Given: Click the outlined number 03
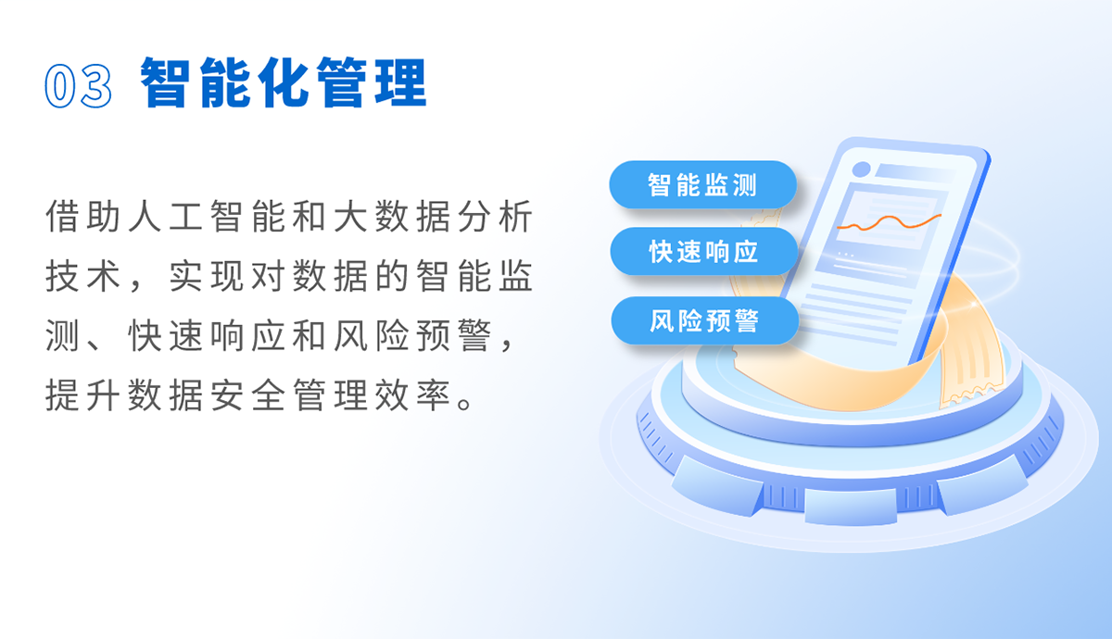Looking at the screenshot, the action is click(x=78, y=86).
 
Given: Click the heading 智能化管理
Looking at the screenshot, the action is click(x=284, y=82).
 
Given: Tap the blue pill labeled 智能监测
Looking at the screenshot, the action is click(x=703, y=184).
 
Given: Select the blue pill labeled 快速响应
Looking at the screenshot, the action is click(x=704, y=252).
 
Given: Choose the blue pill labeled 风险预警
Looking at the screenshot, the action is click(x=705, y=320).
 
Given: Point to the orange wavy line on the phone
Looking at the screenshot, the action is click(x=889, y=223).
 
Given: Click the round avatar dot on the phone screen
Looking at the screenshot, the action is click(x=861, y=169).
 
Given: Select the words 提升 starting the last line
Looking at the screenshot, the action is click(x=82, y=395).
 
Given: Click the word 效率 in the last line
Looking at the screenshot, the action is click(x=412, y=395).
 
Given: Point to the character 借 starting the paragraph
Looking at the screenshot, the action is click(x=62, y=217).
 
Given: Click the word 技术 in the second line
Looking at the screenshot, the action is click(x=82, y=276).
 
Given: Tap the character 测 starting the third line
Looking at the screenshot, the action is click(x=62, y=336).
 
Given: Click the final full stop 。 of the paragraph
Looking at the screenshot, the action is click(x=465, y=403).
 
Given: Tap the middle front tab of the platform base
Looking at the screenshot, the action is click(x=851, y=506).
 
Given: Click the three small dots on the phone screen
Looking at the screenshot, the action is click(x=846, y=255).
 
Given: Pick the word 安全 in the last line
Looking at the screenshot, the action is click(x=246, y=395).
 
